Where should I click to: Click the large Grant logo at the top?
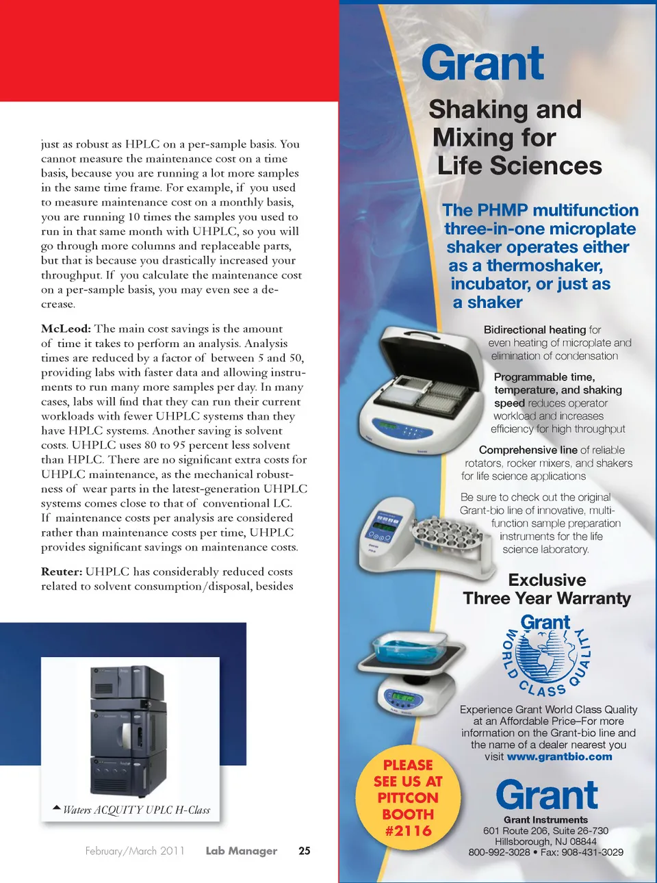[482, 64]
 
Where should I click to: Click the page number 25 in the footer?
[305, 851]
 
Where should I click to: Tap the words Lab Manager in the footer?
[241, 851]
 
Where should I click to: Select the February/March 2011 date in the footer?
[135, 851]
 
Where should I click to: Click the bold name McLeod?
[66, 329]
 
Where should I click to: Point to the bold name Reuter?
[62, 572]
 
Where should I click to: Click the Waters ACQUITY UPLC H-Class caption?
[136, 810]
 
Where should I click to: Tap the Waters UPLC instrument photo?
[129, 731]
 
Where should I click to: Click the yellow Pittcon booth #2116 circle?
[408, 798]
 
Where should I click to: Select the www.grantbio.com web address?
[559, 756]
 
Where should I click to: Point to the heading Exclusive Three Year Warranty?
[547, 589]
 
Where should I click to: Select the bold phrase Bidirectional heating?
[534, 330]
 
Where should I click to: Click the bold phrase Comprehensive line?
[528, 450]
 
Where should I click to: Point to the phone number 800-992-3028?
[499, 852]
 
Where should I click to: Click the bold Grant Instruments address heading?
[545, 820]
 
